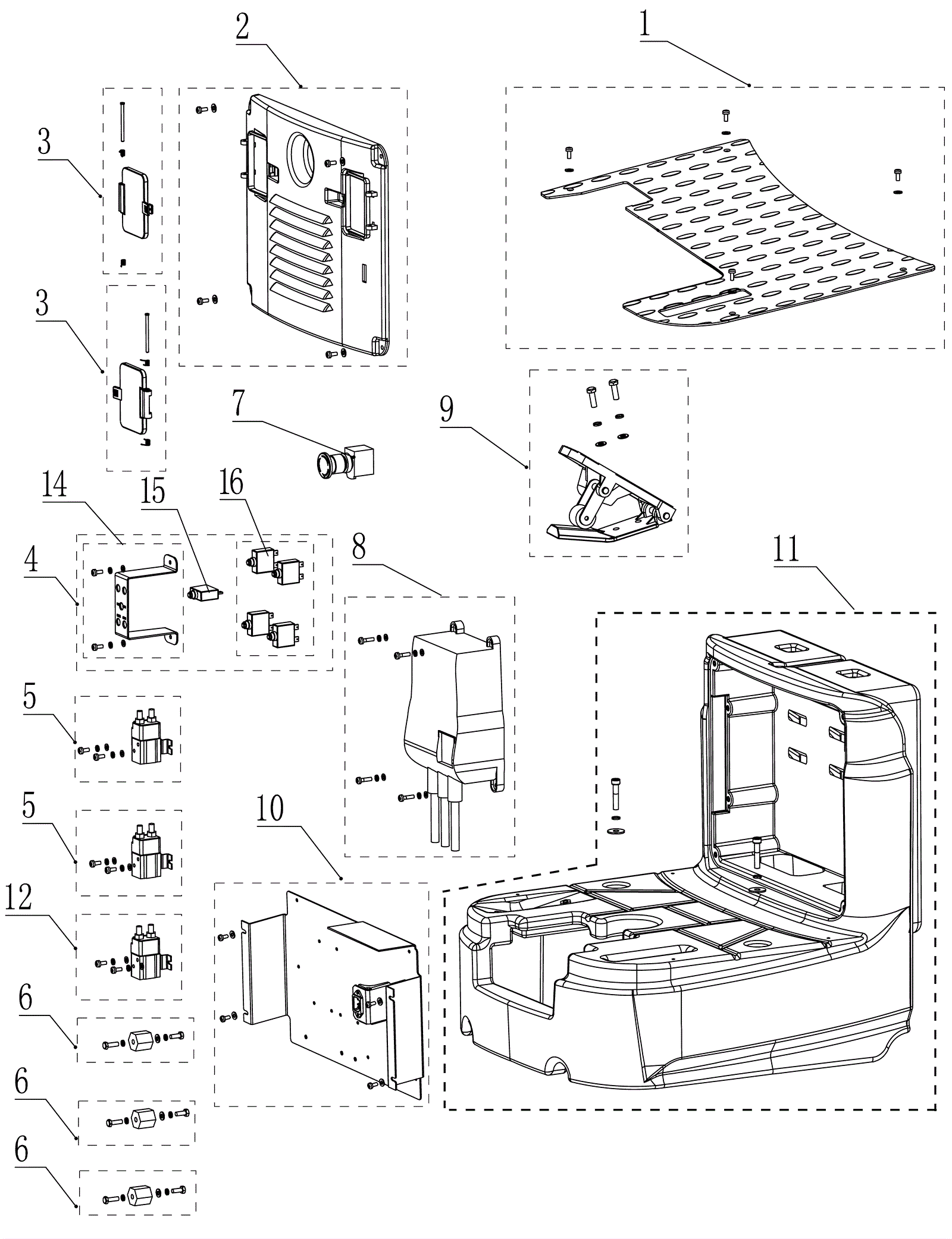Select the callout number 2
click(242, 27)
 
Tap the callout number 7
click(239, 403)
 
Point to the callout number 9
click(446, 410)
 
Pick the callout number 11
click(786, 551)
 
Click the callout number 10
click(271, 809)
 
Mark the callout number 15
click(153, 492)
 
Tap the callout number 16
click(231, 482)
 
